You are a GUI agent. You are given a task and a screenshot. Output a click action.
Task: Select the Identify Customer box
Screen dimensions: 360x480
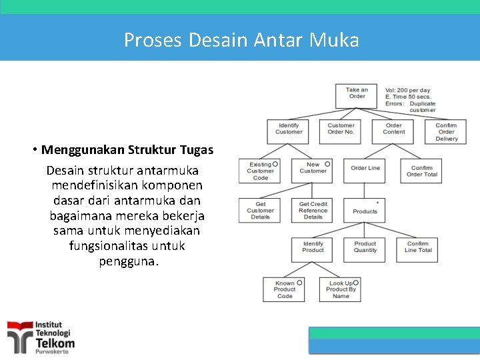click(x=288, y=129)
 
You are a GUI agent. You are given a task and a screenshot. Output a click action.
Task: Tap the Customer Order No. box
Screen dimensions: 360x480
click(x=341, y=129)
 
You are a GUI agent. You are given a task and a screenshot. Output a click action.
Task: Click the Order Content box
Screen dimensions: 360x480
click(x=393, y=129)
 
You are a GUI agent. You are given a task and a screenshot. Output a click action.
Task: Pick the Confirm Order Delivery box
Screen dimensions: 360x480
click(x=446, y=131)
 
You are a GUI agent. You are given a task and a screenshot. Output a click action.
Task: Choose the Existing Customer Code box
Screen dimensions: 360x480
click(x=260, y=171)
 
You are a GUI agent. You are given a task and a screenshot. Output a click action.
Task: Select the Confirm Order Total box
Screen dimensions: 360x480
click(x=421, y=171)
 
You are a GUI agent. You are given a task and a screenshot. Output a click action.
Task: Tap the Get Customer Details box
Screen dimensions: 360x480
click(x=260, y=210)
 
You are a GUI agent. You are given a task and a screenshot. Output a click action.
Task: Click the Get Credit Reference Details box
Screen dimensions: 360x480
click(x=313, y=210)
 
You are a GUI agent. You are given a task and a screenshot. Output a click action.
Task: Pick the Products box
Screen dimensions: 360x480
click(x=365, y=210)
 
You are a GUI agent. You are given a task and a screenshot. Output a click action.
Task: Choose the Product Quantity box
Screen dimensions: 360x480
click(x=365, y=248)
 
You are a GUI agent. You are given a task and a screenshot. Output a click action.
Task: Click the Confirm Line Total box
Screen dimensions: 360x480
click(x=418, y=248)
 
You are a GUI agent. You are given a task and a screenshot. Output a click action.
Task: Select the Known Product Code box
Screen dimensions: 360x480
click(x=284, y=289)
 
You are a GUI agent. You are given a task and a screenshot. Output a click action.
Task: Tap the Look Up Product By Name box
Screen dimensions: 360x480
click(x=340, y=289)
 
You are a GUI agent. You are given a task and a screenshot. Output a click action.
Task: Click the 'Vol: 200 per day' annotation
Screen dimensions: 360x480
click(x=407, y=90)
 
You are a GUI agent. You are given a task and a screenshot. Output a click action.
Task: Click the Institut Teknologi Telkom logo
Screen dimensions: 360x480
click(x=41, y=337)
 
